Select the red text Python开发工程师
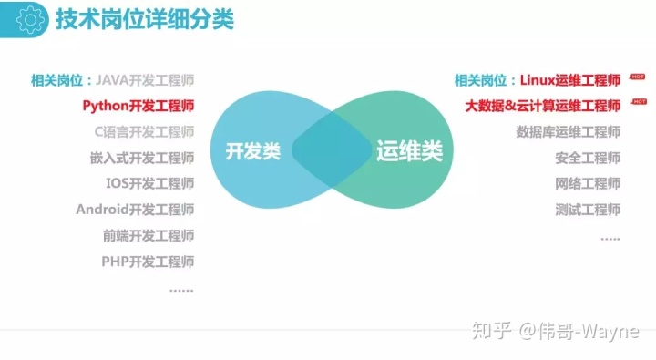[x=138, y=106]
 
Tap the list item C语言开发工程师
[x=144, y=132]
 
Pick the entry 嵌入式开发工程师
[x=142, y=158]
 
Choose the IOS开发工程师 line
[x=149, y=183]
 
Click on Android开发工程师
[x=135, y=210]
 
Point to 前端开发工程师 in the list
[x=149, y=235]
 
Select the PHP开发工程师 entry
[x=148, y=262]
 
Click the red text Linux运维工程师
[x=570, y=80]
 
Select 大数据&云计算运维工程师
[x=543, y=106]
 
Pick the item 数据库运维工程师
[x=569, y=132]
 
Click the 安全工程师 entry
[x=588, y=158]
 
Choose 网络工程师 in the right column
[x=588, y=183]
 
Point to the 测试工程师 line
[x=588, y=210]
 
